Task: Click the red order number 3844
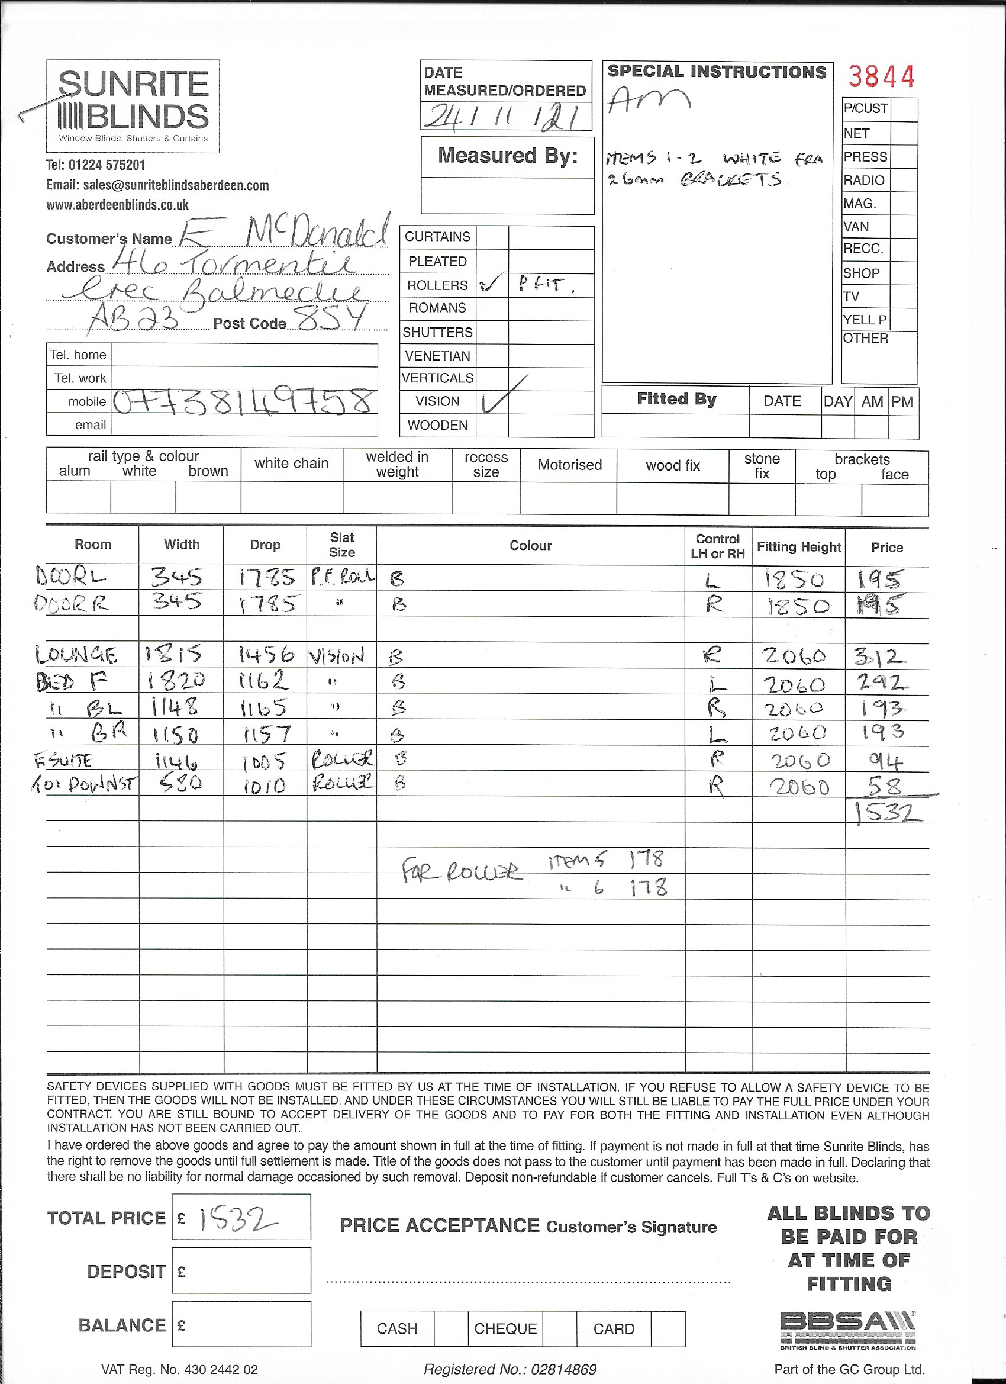pos(881,77)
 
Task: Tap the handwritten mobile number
pos(243,401)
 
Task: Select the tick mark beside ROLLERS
pos(491,284)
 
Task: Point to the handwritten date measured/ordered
pos(504,117)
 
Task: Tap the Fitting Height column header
pos(798,547)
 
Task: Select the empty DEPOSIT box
pos(241,1270)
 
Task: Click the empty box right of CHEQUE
pos(559,1328)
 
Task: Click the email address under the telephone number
pos(157,185)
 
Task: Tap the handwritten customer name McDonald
pos(317,232)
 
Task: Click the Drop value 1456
pos(266,655)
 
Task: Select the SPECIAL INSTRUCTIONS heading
pos(716,72)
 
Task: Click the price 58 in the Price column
pos(884,786)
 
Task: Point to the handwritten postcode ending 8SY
pos(330,317)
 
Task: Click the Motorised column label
pos(569,465)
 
